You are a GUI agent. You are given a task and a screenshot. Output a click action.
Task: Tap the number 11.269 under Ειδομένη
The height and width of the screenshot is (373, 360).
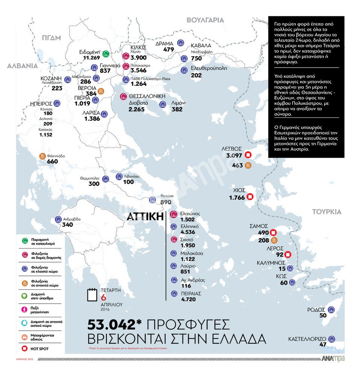click(x=91, y=58)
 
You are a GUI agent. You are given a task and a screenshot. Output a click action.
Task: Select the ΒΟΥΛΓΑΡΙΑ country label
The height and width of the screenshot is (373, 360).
click(x=205, y=20)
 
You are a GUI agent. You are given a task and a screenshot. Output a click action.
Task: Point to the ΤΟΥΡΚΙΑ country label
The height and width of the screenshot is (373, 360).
click(x=327, y=212)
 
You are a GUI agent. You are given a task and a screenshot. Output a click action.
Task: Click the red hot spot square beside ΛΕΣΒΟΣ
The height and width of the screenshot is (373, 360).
click(x=248, y=155)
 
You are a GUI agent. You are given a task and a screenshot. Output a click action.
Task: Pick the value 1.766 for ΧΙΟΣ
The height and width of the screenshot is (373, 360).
click(x=237, y=197)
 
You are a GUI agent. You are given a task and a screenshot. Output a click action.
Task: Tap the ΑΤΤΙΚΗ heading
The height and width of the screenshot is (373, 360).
click(x=145, y=217)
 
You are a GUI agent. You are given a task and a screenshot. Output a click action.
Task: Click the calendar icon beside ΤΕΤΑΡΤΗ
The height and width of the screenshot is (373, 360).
click(x=92, y=295)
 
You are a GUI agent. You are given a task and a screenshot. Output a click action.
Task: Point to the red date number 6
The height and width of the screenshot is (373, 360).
click(x=104, y=296)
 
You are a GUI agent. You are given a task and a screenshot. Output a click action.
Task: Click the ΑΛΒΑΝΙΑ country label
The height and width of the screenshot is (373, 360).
click(x=22, y=66)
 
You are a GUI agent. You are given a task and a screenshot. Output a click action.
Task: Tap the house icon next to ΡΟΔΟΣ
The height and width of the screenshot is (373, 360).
click(x=331, y=310)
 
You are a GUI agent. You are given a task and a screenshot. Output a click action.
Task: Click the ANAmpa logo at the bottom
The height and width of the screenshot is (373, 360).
click(x=333, y=359)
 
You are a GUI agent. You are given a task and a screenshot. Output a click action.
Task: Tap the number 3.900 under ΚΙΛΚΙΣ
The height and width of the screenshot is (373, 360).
click(x=139, y=58)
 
